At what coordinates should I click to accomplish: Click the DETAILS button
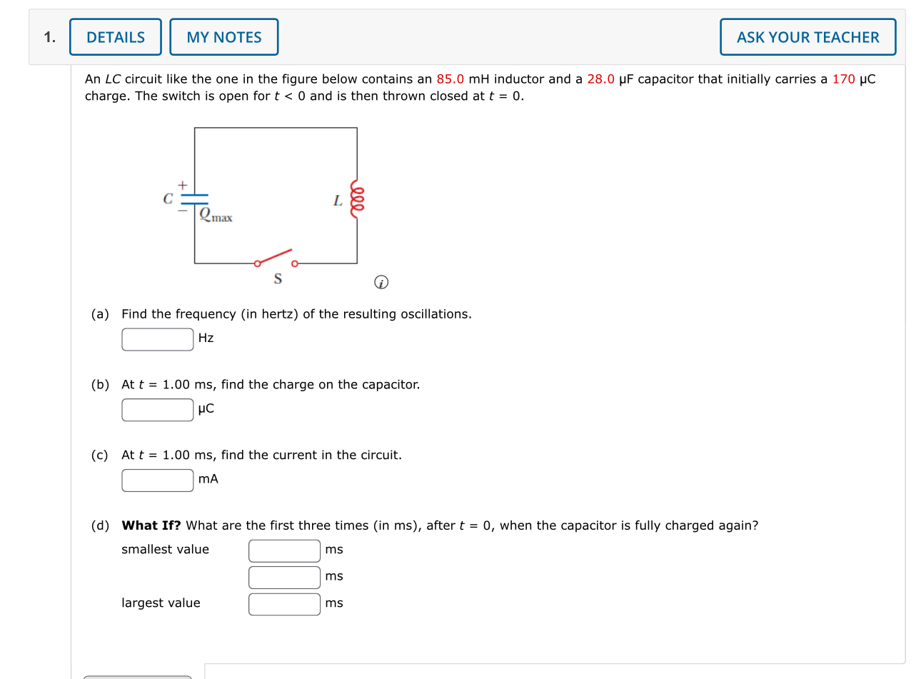click(116, 37)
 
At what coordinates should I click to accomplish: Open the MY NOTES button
click(224, 37)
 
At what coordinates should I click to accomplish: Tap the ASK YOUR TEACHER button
click(807, 37)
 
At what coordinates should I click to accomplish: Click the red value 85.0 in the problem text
click(450, 79)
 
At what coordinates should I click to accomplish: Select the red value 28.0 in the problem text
click(600, 79)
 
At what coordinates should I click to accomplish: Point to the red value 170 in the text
click(843, 79)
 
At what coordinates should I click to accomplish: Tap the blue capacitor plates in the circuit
click(194, 198)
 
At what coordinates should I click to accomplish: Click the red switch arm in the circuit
click(276, 256)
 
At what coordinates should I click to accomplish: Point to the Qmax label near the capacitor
click(216, 214)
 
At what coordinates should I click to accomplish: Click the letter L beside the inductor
click(338, 201)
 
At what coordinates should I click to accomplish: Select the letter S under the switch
click(278, 278)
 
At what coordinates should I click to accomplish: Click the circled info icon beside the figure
click(381, 283)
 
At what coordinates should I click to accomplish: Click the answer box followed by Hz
click(157, 339)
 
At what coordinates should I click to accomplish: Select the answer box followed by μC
click(157, 410)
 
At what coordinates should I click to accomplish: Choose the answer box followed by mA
click(157, 480)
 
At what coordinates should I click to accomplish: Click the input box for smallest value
click(284, 550)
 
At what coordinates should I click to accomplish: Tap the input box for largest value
click(284, 604)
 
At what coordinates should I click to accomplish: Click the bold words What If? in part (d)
click(151, 525)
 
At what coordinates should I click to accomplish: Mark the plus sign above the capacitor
click(183, 186)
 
